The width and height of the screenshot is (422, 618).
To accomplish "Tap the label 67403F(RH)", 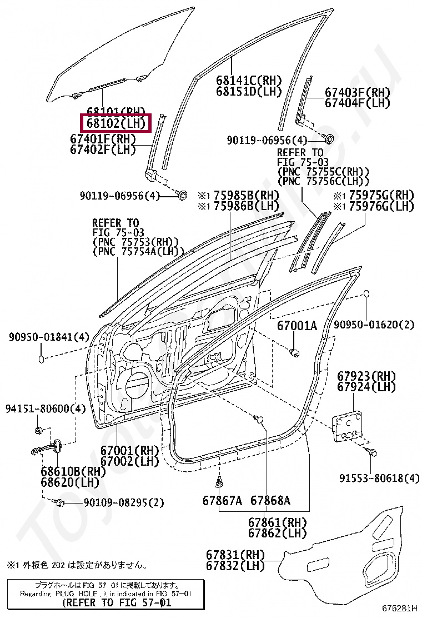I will click(x=357, y=93).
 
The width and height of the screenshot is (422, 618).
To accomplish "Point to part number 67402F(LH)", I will click(x=103, y=149).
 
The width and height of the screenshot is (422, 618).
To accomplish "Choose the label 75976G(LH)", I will click(x=381, y=206).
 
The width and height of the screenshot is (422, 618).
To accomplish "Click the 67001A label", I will click(x=297, y=326).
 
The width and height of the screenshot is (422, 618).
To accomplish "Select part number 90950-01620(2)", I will click(x=374, y=325).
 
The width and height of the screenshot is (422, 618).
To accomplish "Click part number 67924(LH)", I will click(x=368, y=386).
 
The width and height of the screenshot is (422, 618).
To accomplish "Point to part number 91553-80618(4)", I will click(x=380, y=478).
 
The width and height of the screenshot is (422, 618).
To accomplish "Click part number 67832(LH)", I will click(x=235, y=566).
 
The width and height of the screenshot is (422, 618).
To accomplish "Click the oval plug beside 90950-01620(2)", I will click(x=366, y=294).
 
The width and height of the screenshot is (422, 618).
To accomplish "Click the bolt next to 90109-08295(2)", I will click(x=59, y=502).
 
